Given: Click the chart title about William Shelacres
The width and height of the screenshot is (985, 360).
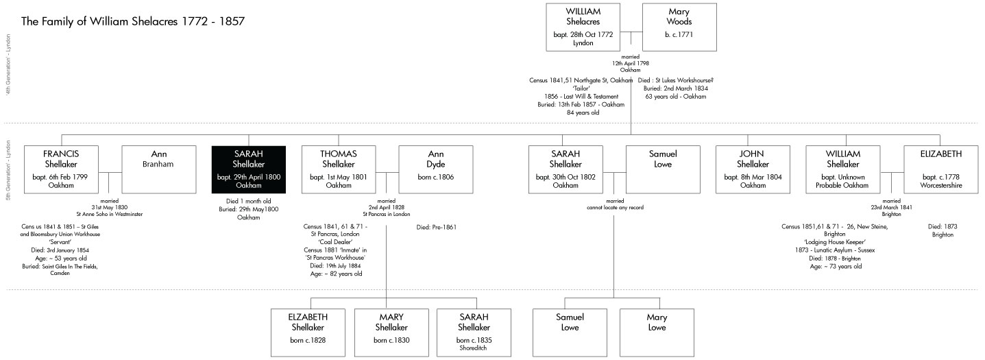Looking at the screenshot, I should click(x=134, y=21).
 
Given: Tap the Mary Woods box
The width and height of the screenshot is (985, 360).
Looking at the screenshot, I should click(x=679, y=27).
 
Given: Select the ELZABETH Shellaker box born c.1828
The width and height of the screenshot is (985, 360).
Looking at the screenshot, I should click(x=308, y=333).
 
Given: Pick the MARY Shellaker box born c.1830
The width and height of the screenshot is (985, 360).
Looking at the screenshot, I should click(x=391, y=333).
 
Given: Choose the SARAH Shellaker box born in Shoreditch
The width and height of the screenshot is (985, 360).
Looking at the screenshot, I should click(x=474, y=333).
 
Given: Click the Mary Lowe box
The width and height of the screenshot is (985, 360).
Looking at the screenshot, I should click(x=657, y=333).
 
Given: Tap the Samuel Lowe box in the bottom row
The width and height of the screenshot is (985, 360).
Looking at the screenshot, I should click(x=570, y=333).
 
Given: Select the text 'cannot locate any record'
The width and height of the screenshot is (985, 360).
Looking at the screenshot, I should click(x=614, y=207).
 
